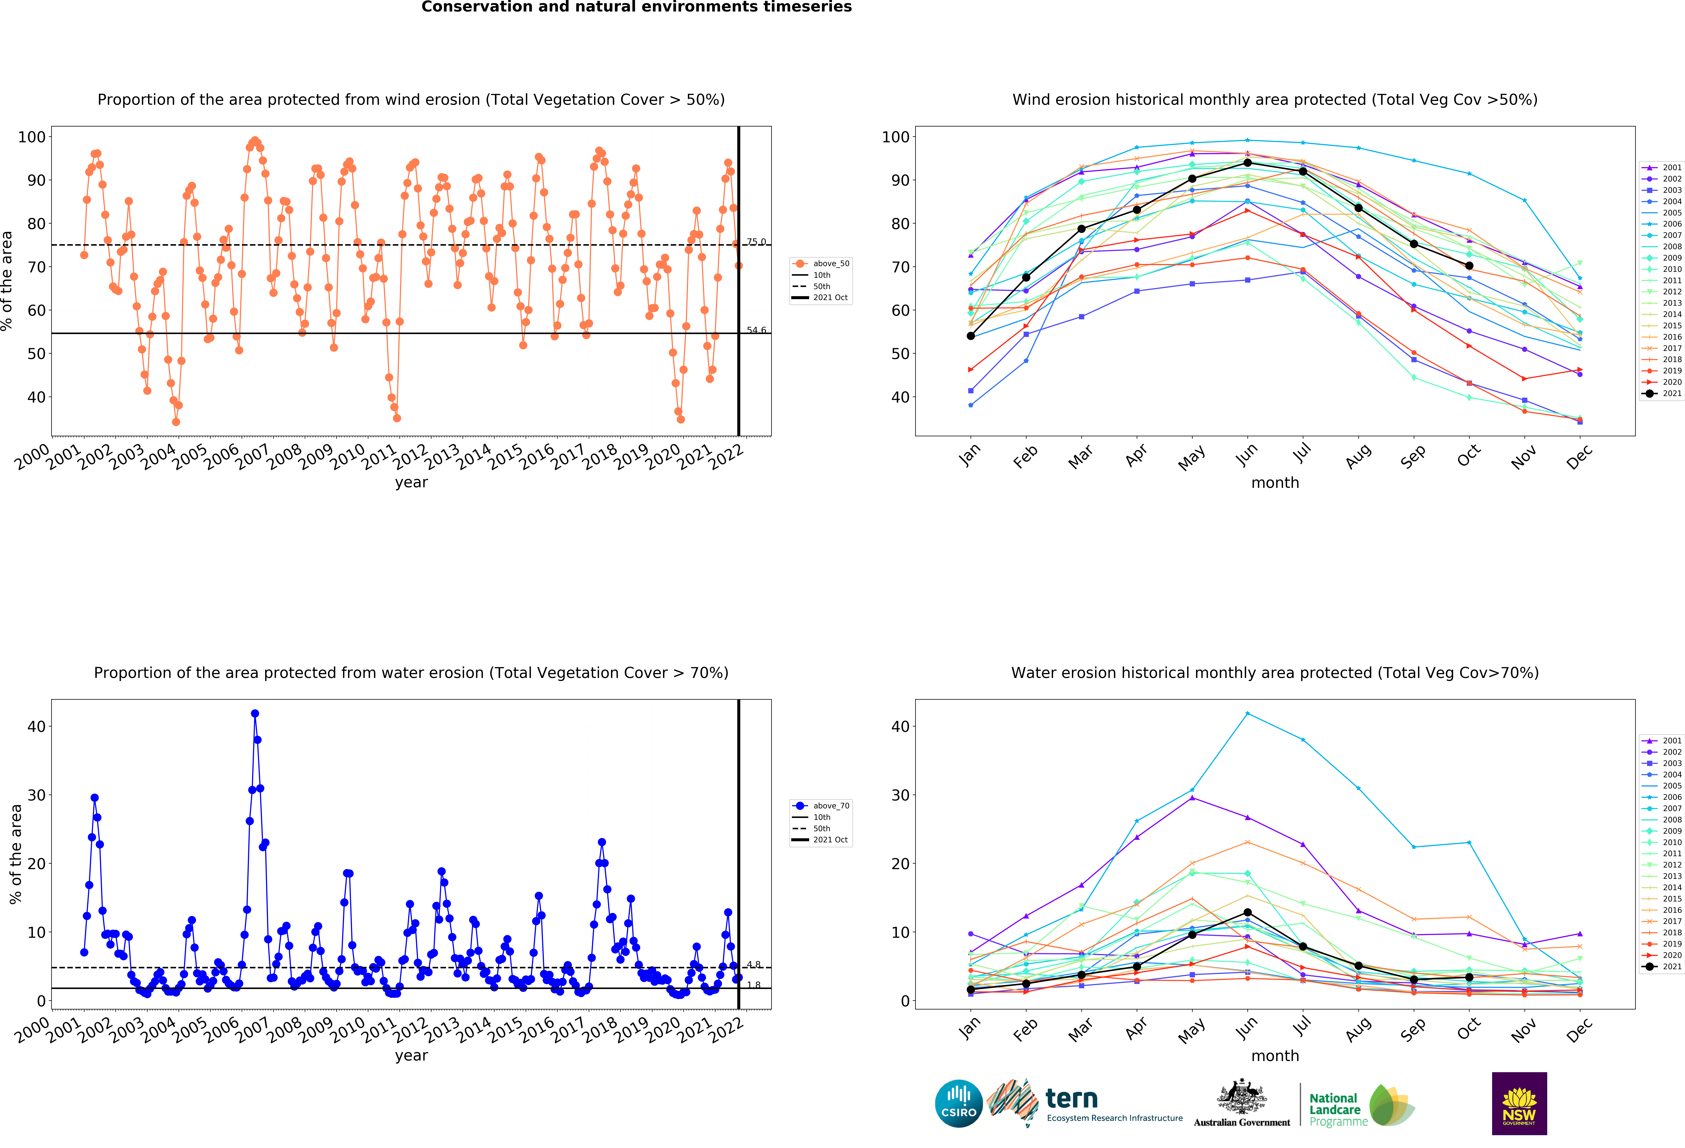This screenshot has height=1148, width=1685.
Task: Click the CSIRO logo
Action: tap(959, 1103)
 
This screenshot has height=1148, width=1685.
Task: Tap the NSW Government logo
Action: tap(1519, 1103)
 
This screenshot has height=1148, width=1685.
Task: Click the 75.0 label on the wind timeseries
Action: tap(756, 242)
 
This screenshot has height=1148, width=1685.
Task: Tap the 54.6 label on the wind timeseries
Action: tap(756, 330)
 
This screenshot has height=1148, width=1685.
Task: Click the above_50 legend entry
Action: tap(830, 264)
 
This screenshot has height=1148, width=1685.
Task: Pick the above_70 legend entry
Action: tap(830, 806)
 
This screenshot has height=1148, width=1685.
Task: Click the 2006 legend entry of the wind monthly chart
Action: tap(1671, 224)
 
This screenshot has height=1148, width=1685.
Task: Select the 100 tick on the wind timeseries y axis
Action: tap(32, 137)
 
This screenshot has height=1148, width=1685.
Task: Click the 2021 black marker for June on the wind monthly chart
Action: tap(1247, 162)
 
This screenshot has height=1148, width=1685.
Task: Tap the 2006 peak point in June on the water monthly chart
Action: tap(1247, 714)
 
